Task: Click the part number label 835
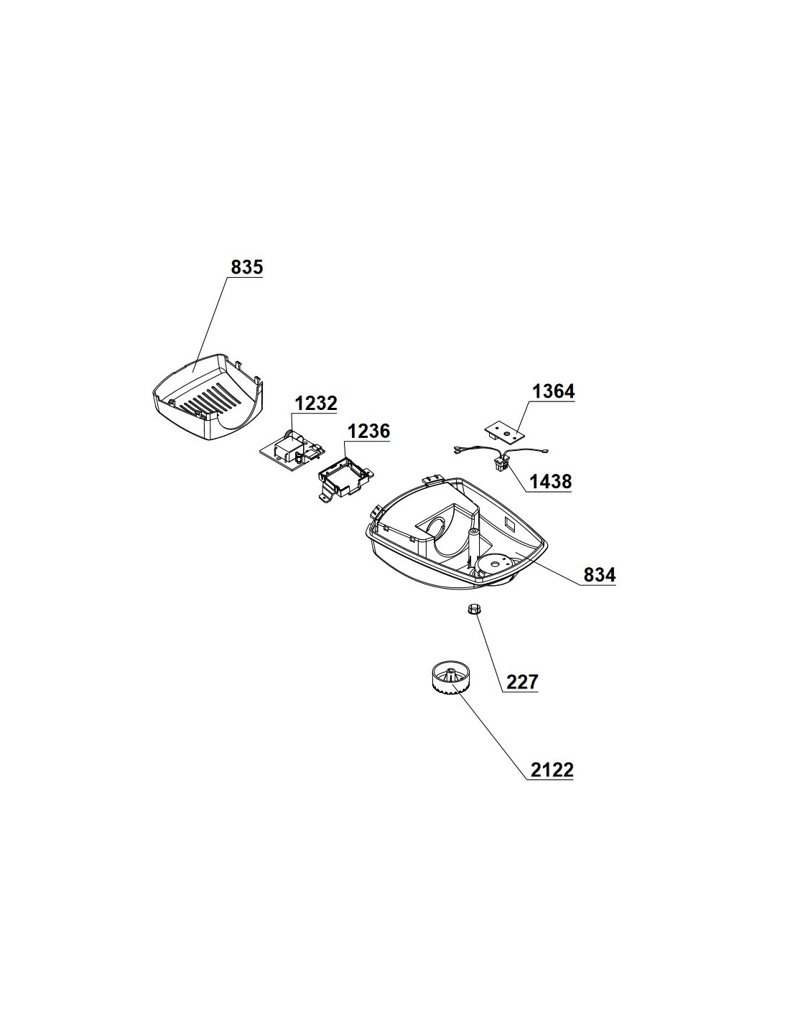click(246, 267)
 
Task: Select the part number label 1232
click(315, 403)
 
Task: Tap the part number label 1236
click(368, 431)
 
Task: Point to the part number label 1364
click(553, 391)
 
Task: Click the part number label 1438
click(550, 482)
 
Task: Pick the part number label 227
click(521, 681)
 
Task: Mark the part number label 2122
click(552, 770)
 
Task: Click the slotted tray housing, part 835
click(208, 398)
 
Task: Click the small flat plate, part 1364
click(504, 430)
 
